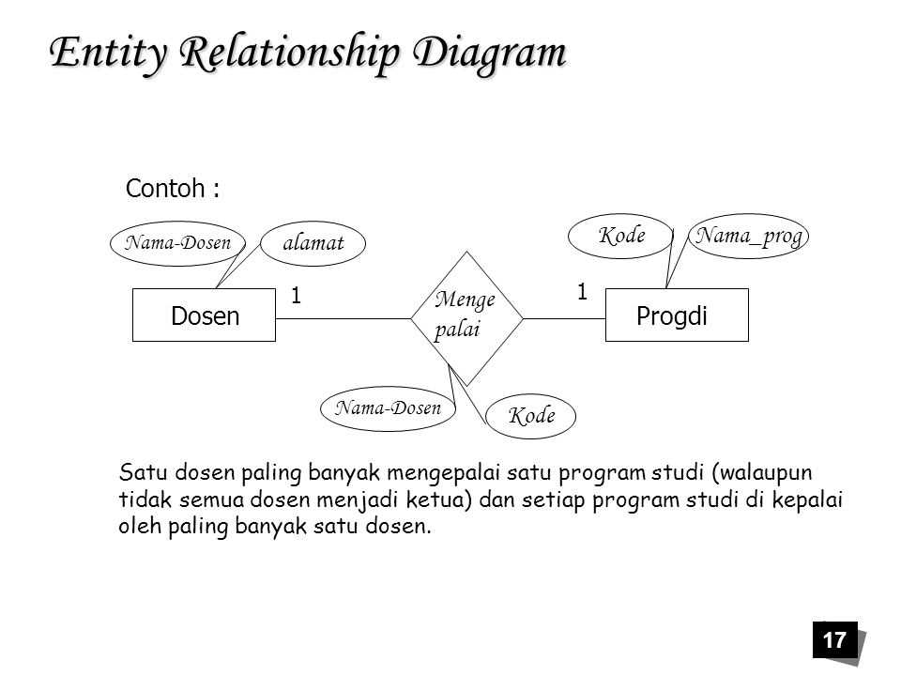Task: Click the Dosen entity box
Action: click(205, 315)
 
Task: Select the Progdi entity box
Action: click(678, 315)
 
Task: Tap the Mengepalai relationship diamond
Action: click(466, 318)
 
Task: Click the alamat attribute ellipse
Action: click(313, 242)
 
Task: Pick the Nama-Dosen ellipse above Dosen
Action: click(177, 242)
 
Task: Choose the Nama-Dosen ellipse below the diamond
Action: click(388, 408)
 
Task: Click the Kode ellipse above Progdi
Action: click(621, 236)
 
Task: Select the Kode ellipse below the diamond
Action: click(531, 415)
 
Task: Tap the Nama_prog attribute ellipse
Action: click(749, 236)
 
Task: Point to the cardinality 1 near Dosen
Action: click(295, 296)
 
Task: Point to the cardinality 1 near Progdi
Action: click(582, 292)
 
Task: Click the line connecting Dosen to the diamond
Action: click(343, 318)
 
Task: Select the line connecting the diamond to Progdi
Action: click(564, 318)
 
